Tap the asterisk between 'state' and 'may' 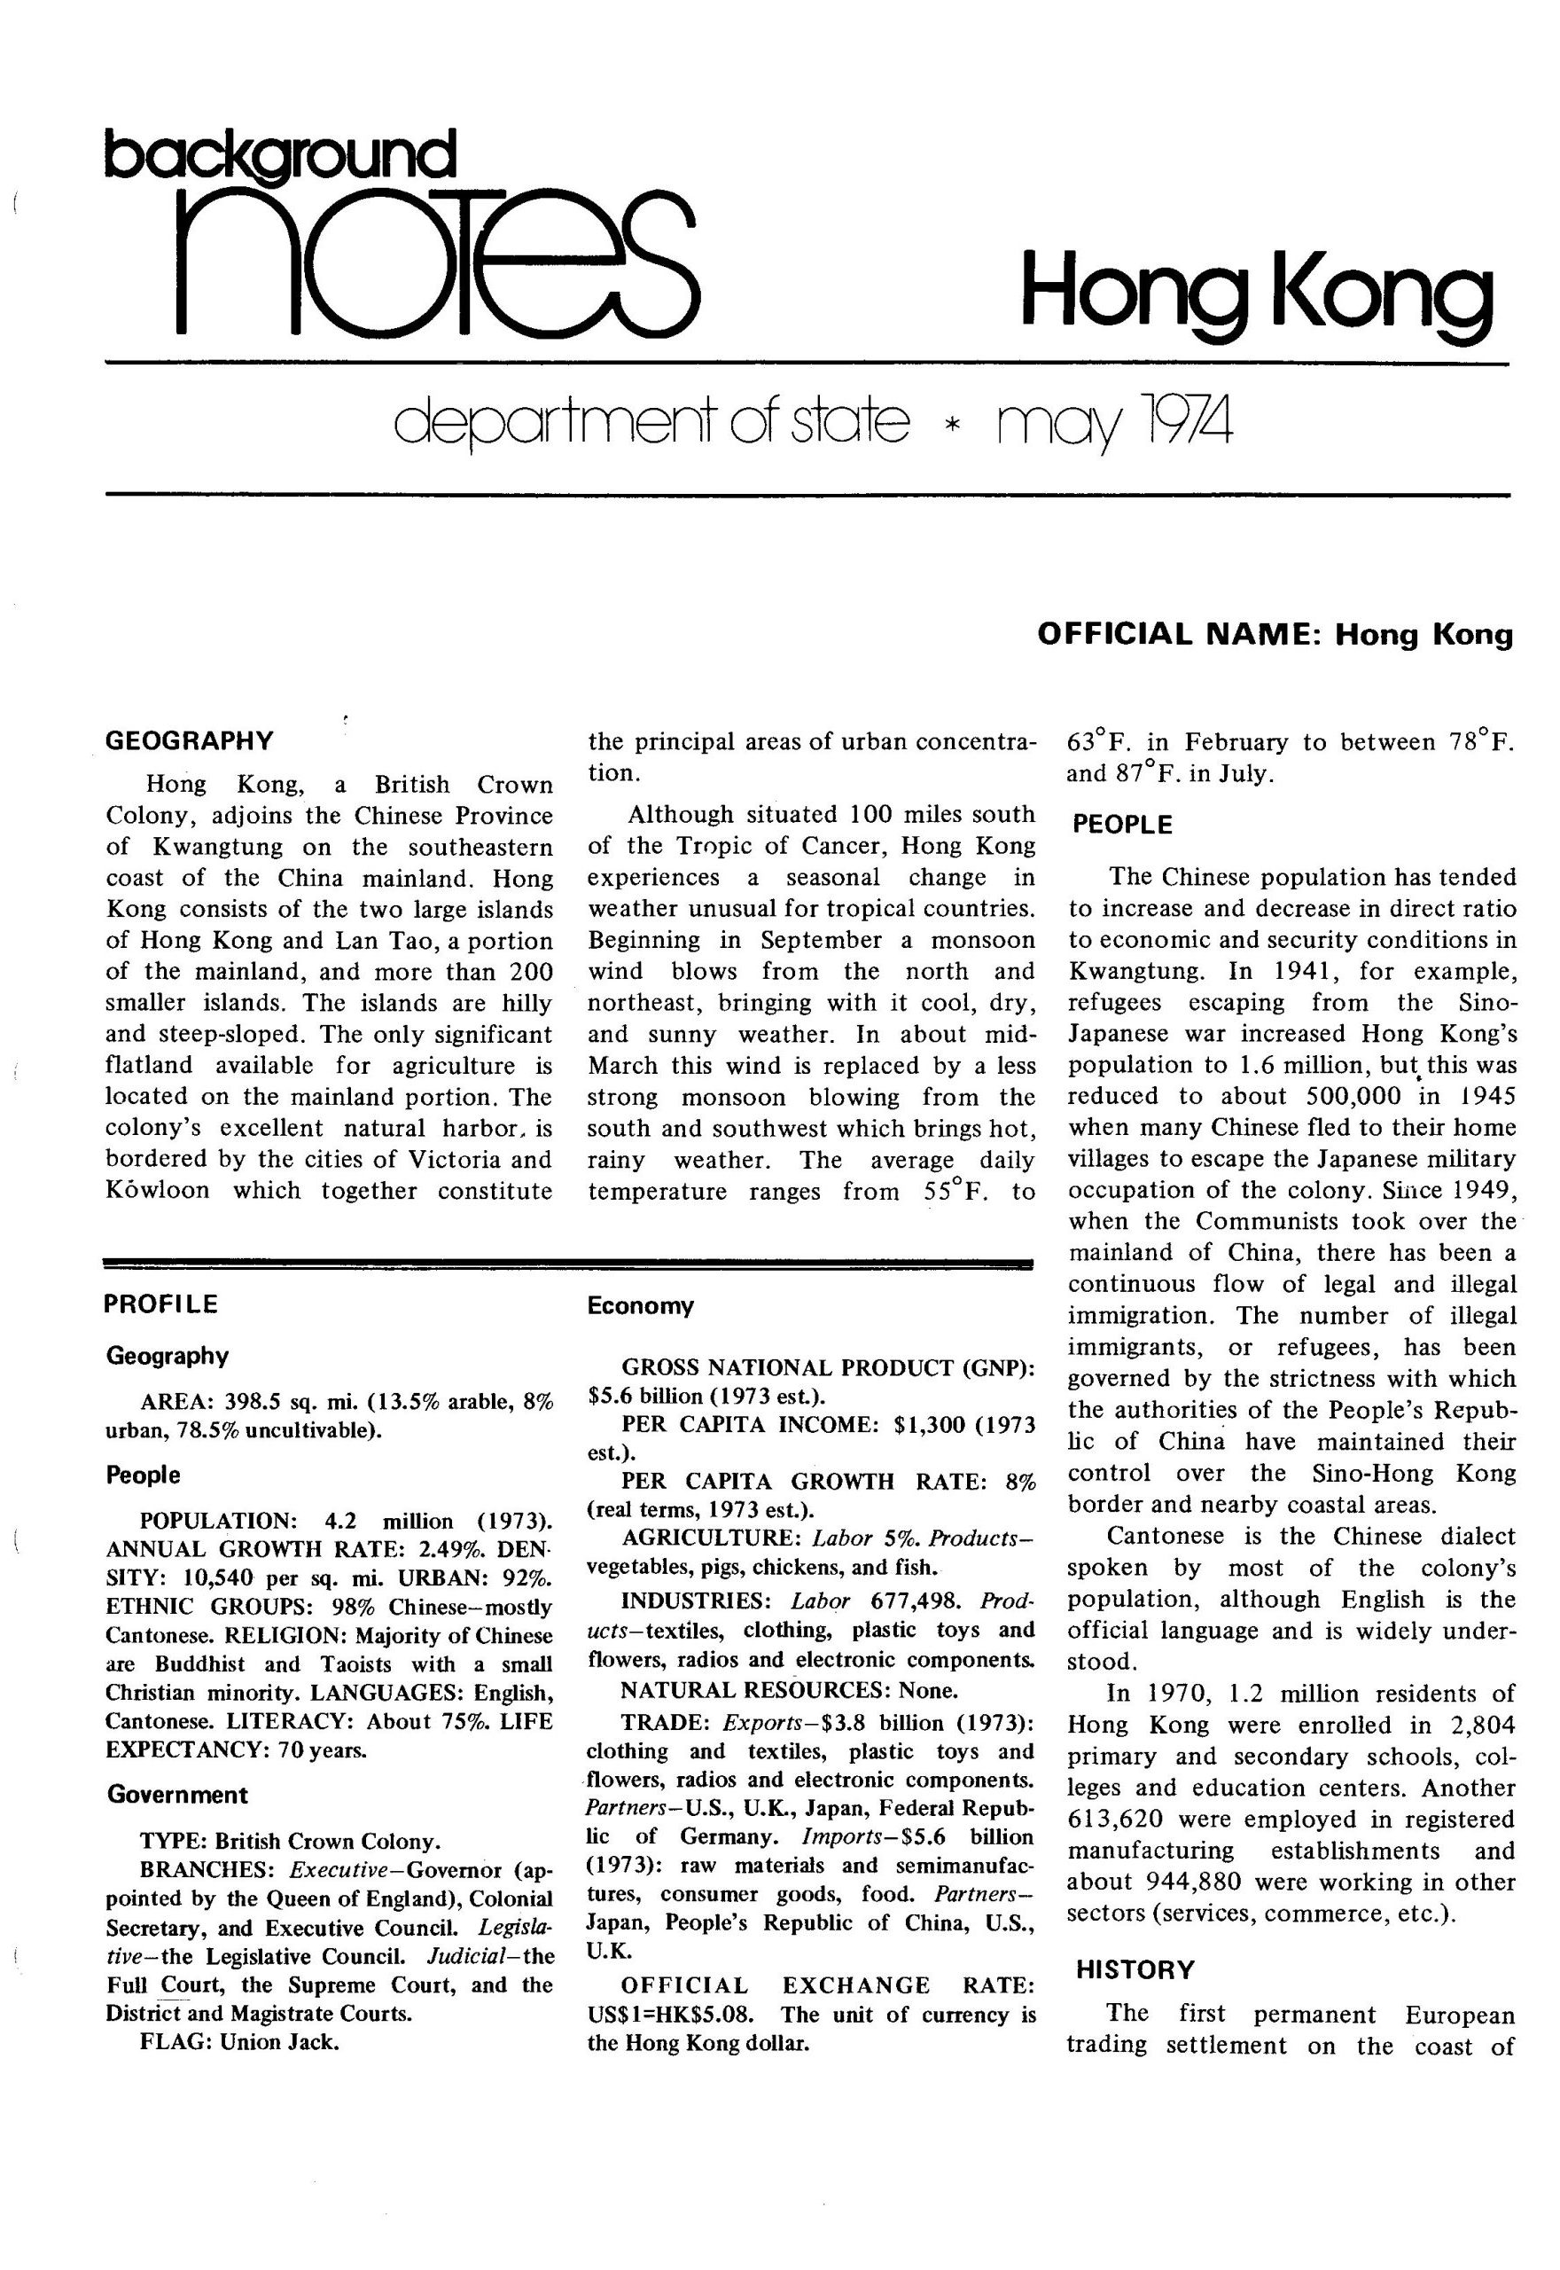(946, 427)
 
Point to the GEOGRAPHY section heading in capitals (190, 740)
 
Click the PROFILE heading (161, 1304)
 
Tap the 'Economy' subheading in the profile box (640, 1306)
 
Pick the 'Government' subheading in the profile (178, 1795)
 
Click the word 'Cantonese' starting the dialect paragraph (1164, 1536)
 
